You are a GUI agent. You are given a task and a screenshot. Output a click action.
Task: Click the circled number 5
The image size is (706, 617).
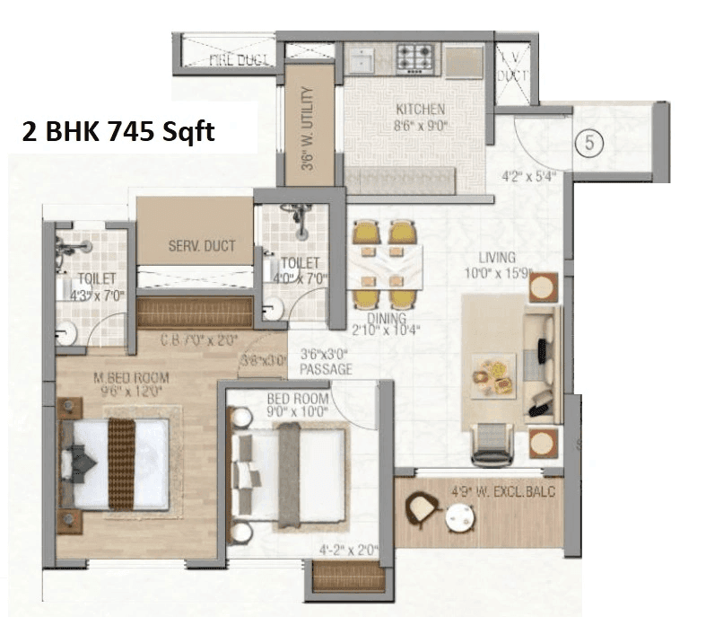(588, 142)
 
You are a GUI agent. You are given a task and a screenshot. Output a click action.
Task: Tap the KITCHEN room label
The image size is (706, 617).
(420, 110)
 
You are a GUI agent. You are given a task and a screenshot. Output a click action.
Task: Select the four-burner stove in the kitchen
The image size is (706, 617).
(416, 57)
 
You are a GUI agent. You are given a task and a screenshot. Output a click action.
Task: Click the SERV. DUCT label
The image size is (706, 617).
(202, 245)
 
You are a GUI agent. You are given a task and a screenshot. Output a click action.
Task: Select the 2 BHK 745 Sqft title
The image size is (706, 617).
(118, 132)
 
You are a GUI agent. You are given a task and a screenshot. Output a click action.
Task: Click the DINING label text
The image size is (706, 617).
(386, 318)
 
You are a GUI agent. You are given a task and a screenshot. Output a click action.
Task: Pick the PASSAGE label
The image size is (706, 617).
(326, 369)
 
